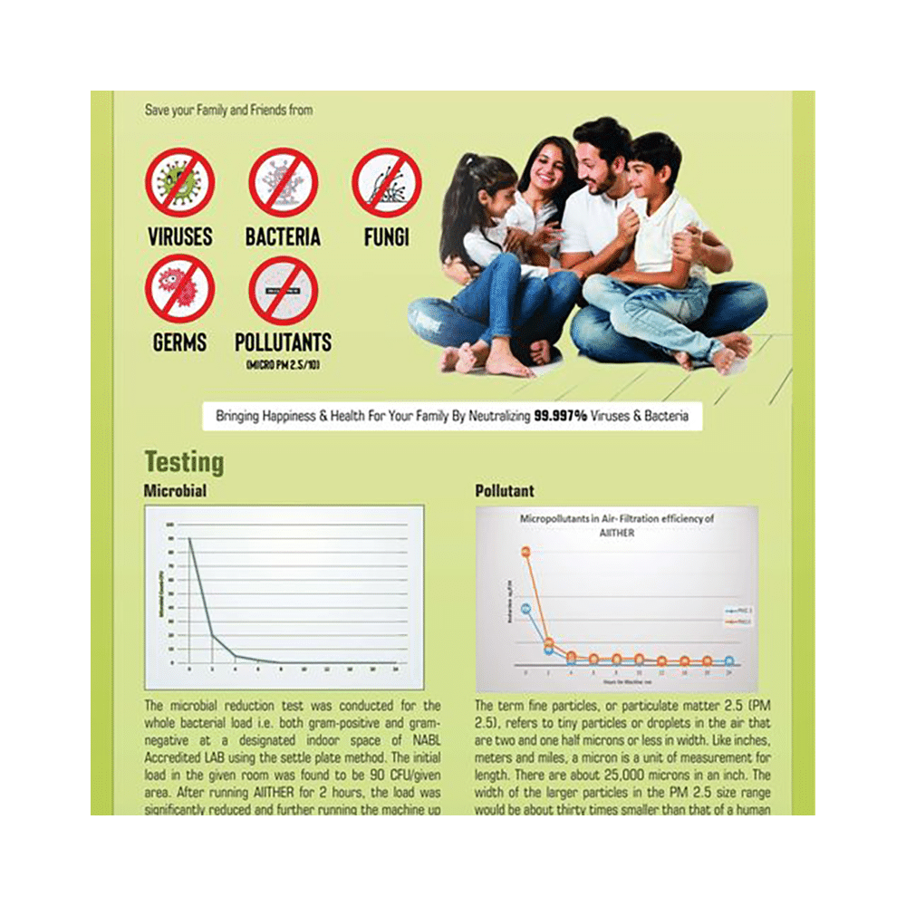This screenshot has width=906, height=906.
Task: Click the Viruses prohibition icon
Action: click(179, 182)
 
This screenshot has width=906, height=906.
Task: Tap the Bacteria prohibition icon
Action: click(283, 182)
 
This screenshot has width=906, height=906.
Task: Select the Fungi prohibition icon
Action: click(387, 182)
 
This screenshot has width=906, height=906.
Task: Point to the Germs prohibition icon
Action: click(179, 289)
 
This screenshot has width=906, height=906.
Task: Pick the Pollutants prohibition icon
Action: click(283, 289)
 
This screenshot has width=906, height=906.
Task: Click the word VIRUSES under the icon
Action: click(179, 237)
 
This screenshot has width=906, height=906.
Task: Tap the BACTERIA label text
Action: click(283, 237)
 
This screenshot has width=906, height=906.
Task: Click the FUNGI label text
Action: click(387, 237)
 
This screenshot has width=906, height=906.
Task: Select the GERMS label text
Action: click(179, 343)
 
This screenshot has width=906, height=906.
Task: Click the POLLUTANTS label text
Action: click(283, 343)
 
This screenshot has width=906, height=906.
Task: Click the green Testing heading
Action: click(184, 462)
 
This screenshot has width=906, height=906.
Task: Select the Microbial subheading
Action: click(176, 491)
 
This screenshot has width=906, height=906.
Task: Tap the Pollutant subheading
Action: click(505, 491)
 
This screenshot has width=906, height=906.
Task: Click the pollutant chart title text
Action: click(616, 525)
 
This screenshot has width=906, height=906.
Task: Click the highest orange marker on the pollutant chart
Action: click(525, 552)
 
